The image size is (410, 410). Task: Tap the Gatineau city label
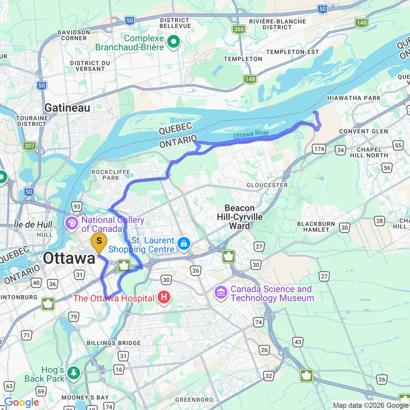point(67,108)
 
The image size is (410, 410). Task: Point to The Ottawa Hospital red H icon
point(163,297)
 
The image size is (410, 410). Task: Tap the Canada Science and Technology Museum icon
point(221,292)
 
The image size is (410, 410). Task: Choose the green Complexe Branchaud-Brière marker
point(173,41)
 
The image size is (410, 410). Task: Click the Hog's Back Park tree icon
point(73,373)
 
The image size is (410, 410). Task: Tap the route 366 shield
point(238,29)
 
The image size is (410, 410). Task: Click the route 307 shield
point(30,146)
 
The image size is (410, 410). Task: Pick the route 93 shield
point(77,206)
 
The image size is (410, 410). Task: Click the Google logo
point(21,403)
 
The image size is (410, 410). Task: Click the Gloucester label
point(267,185)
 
